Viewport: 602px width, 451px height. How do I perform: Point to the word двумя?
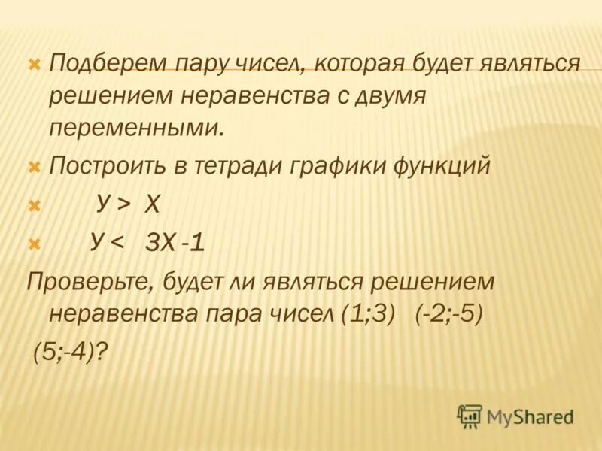tap(385, 95)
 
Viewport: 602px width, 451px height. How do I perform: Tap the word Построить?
tap(103, 166)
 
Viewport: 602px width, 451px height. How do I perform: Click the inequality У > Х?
tap(128, 204)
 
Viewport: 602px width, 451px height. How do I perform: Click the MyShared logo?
tap(516, 415)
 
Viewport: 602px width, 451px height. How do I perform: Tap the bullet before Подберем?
tap(34, 65)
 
